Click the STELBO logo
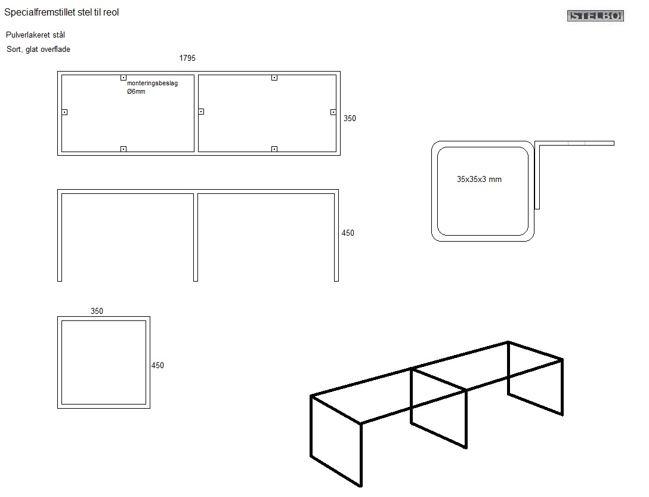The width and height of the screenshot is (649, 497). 595,16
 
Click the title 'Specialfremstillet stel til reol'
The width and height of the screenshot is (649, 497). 61,12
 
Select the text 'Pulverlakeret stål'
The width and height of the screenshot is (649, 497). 35,35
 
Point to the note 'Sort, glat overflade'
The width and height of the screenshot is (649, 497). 38,50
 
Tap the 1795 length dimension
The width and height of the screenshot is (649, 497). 187,58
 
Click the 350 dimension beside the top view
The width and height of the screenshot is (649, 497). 350,119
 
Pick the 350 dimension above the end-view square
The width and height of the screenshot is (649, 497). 97,311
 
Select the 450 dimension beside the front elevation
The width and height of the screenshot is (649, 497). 348,233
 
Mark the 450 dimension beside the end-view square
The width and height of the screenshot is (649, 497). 157,366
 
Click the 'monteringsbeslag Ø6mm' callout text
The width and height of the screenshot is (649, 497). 152,87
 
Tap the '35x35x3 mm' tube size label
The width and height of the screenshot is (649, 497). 479,179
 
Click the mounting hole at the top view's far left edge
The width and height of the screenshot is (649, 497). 64,112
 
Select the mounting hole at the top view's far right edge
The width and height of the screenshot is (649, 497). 333,112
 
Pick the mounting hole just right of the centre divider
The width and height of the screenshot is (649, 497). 201,112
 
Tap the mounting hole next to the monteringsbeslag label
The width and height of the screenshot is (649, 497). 123,78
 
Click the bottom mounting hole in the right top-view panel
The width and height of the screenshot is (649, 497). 274,149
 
